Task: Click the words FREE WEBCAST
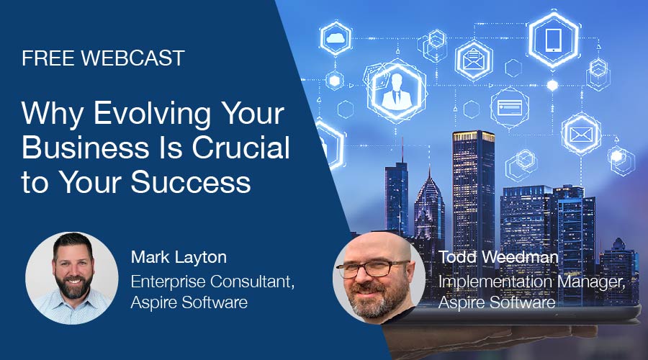pos(103,58)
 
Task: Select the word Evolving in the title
pos(152,114)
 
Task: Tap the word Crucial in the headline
pos(241,148)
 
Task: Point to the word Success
pos(191,182)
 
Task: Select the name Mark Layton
pos(179,257)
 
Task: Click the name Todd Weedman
pos(498,256)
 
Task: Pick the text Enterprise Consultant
pos(211,282)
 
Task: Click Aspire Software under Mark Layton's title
pos(189,302)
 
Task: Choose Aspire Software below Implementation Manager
pos(497,302)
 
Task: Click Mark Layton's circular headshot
pos(72,278)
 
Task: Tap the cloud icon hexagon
pos(336,38)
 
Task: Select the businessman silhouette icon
pos(397,91)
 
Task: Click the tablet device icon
pos(554,40)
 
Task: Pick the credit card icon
pos(510,107)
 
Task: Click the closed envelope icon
pos(581,135)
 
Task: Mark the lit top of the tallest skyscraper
pos(474,136)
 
